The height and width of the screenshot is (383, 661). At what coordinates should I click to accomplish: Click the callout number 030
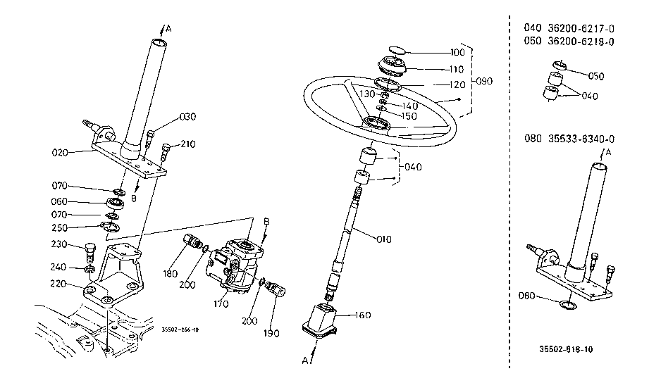187,117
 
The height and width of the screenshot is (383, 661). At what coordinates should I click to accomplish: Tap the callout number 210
187,144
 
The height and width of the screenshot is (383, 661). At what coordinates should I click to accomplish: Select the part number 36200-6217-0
581,28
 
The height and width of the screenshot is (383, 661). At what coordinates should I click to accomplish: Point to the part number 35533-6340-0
581,139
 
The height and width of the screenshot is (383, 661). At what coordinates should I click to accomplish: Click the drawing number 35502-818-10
566,349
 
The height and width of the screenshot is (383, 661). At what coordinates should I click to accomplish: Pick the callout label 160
362,315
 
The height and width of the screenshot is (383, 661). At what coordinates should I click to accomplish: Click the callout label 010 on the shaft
383,239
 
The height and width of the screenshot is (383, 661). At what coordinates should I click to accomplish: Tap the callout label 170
221,303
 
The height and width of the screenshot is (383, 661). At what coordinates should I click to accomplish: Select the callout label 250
59,228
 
